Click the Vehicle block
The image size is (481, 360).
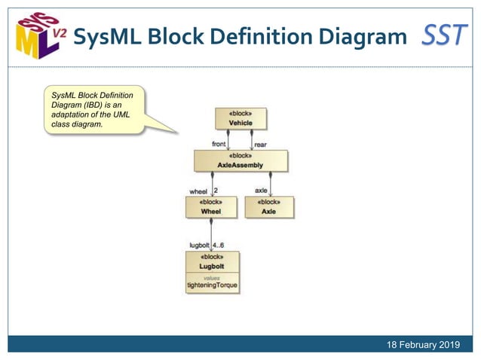coord(240,119)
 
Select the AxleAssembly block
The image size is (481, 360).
coord(240,160)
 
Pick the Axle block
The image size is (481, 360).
coord(269,207)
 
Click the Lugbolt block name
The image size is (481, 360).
coord(212,267)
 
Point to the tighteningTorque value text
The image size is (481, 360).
coord(212,285)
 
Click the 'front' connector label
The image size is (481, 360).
coord(218,144)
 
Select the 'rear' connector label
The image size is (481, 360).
coord(260,144)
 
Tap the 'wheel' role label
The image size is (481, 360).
coord(198,191)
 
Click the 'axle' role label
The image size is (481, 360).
coord(261,191)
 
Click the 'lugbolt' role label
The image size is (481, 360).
coord(198,246)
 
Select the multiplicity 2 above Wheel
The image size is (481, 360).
coord(216,191)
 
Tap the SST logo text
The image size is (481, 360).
coord(444,35)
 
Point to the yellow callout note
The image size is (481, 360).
coord(95,111)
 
